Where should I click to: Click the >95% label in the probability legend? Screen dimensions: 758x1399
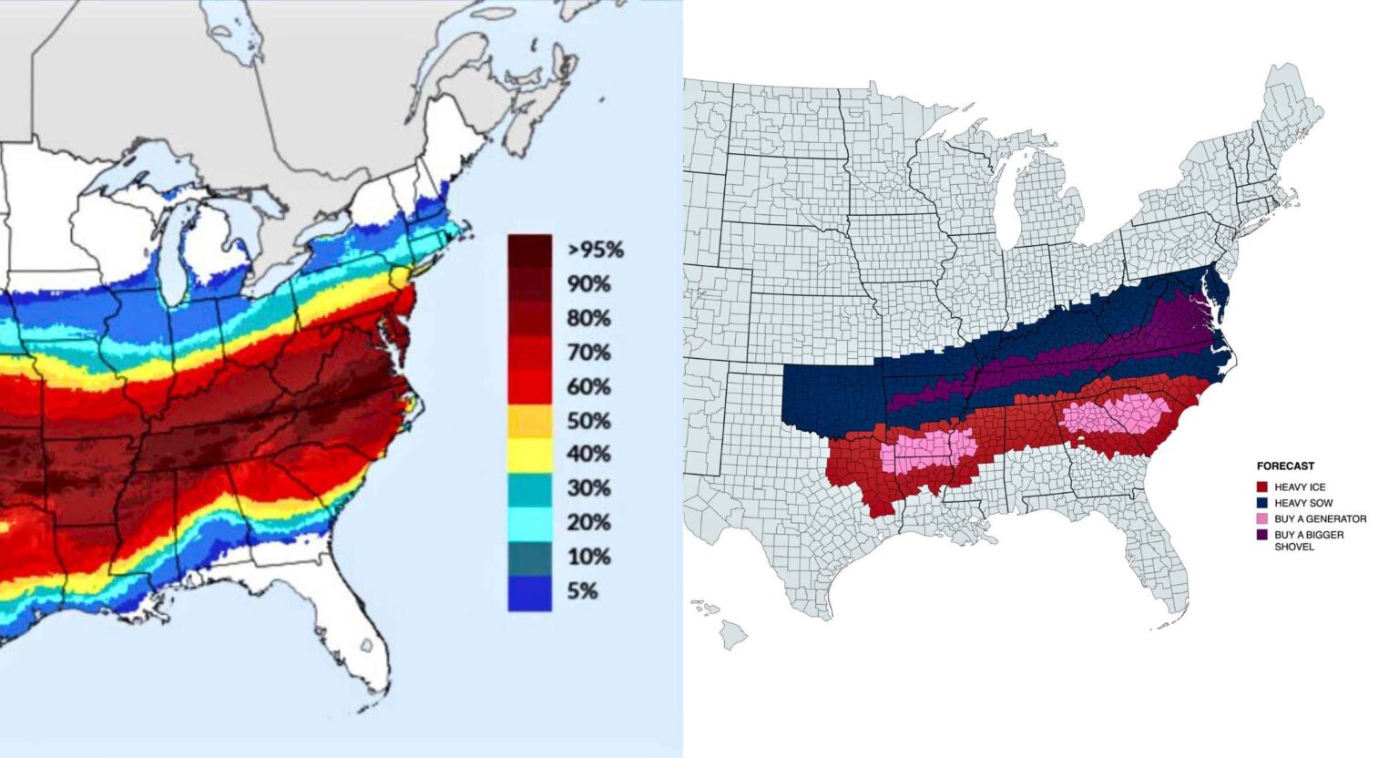[595, 250]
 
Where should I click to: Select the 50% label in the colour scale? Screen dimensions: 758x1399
[588, 421]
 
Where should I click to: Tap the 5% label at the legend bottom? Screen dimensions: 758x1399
[583, 591]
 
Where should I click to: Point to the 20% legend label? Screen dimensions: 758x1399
[588, 523]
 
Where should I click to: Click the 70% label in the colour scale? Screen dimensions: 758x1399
[588, 353]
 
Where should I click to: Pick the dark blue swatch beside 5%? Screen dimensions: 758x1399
[529, 593]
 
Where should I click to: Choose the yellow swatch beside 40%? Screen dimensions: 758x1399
[529, 455]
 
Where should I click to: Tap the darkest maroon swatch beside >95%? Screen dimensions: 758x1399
[529, 251]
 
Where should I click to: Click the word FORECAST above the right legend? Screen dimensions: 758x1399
[1285, 466]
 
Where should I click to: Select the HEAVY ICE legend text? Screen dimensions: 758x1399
[1300, 487]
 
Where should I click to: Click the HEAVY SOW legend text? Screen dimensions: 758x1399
[1303, 503]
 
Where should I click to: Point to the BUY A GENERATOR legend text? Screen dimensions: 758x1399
[1320, 519]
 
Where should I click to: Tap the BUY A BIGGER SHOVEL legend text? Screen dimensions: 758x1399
[1309, 540]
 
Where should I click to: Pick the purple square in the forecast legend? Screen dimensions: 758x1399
[1262, 535]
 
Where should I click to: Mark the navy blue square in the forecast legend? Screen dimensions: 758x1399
[1262, 503]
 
